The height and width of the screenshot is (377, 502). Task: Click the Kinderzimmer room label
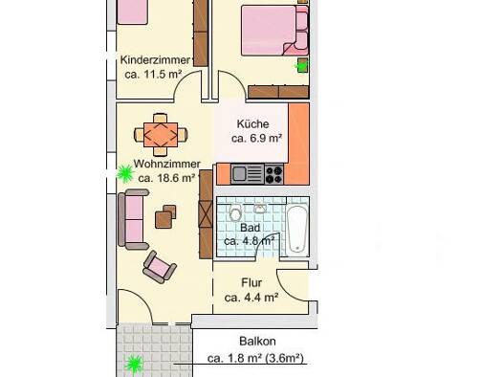coord(155,60)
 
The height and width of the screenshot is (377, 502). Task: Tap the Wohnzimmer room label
coord(166,164)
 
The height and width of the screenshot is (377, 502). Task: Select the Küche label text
coord(253,124)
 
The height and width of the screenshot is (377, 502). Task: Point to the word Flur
coord(251,283)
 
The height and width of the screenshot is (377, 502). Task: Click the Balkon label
coord(257,342)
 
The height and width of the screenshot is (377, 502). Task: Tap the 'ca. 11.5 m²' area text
coord(153,75)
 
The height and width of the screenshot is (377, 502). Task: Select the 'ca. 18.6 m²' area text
coord(166,178)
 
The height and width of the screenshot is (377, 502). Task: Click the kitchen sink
coord(248,174)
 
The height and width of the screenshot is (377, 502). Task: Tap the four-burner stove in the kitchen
coord(274,174)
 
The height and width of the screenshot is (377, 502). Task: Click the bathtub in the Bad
coord(297,230)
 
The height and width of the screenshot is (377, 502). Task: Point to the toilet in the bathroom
coord(235,212)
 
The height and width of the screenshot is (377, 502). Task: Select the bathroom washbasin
coord(260,209)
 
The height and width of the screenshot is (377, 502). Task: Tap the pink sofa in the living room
coord(133,219)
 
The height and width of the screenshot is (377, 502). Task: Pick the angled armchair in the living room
coord(159,267)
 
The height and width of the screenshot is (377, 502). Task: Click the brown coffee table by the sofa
coord(165,216)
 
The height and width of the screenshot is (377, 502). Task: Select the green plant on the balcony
coord(134,365)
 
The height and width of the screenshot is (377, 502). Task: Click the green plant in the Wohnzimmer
coord(124,173)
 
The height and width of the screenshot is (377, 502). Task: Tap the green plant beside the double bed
coord(300,66)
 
